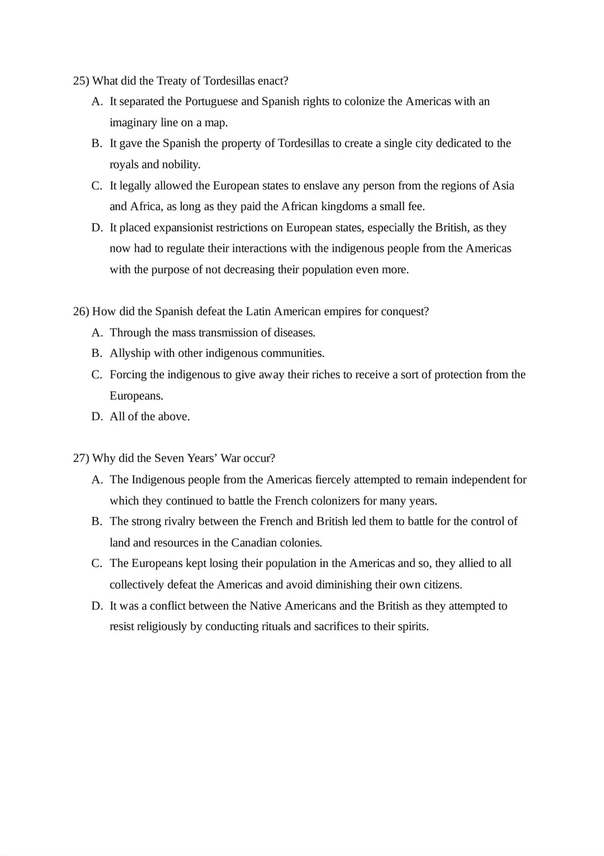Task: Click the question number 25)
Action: pyautogui.click(x=81, y=81)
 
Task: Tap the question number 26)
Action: pyautogui.click(x=81, y=312)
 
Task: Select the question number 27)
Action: pyautogui.click(x=81, y=459)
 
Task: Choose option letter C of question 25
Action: pyautogui.click(x=97, y=186)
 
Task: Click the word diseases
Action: pyautogui.click(x=294, y=333)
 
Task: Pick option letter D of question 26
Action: pyautogui.click(x=97, y=417)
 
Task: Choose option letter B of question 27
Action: pyautogui.click(x=97, y=522)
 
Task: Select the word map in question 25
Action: pyautogui.click(x=216, y=123)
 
